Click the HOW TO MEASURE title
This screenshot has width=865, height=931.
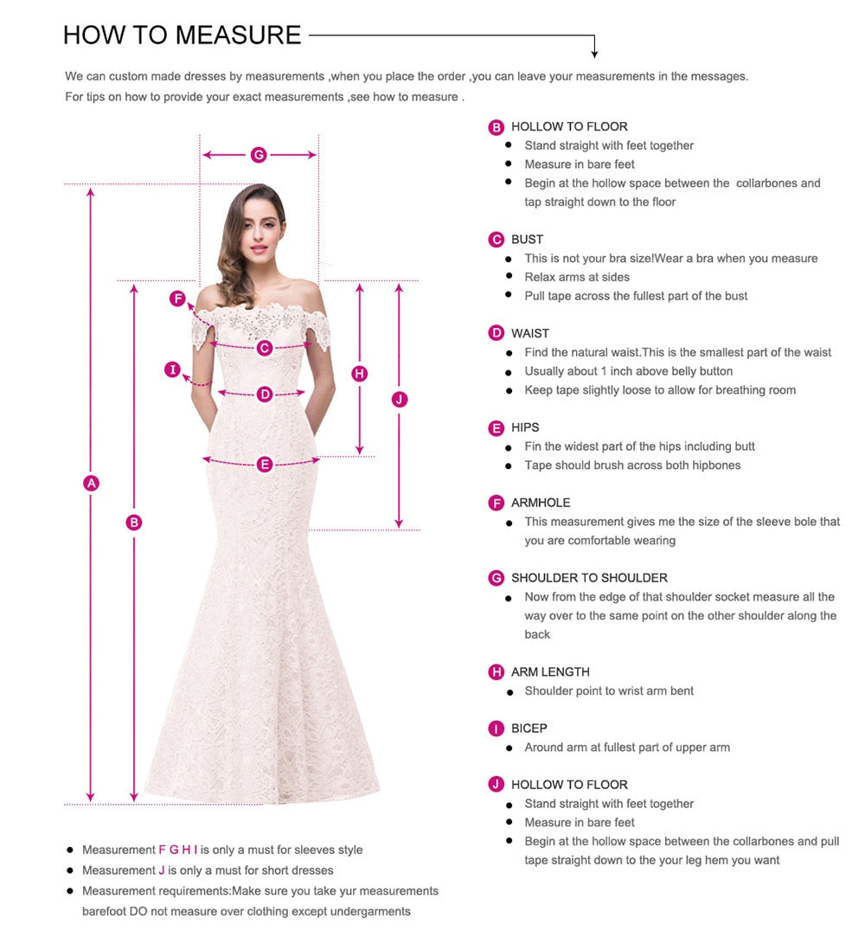[183, 35]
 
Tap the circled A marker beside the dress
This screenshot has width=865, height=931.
[91, 483]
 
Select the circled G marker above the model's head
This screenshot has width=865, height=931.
[258, 155]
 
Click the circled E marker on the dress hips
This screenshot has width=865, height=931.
[265, 465]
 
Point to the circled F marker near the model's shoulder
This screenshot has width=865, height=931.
[177, 299]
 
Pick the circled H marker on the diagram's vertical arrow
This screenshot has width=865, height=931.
[360, 374]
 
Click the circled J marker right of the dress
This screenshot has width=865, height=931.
[399, 399]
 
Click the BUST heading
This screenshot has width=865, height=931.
[527, 240]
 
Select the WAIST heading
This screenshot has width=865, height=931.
[529, 333]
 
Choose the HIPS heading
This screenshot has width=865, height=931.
[525, 427]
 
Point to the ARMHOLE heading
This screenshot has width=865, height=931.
[541, 503]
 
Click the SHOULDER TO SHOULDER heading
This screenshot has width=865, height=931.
[589, 578]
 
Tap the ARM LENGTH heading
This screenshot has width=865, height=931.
[550, 672]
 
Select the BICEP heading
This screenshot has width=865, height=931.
[529, 729]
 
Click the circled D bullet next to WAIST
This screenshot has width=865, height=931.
[497, 333]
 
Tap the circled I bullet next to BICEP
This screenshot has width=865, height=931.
[497, 729]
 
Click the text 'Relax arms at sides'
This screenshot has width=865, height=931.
[577, 277]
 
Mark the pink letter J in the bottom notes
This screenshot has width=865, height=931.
[162, 870]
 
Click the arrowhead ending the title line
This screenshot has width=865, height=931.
[594, 54]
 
